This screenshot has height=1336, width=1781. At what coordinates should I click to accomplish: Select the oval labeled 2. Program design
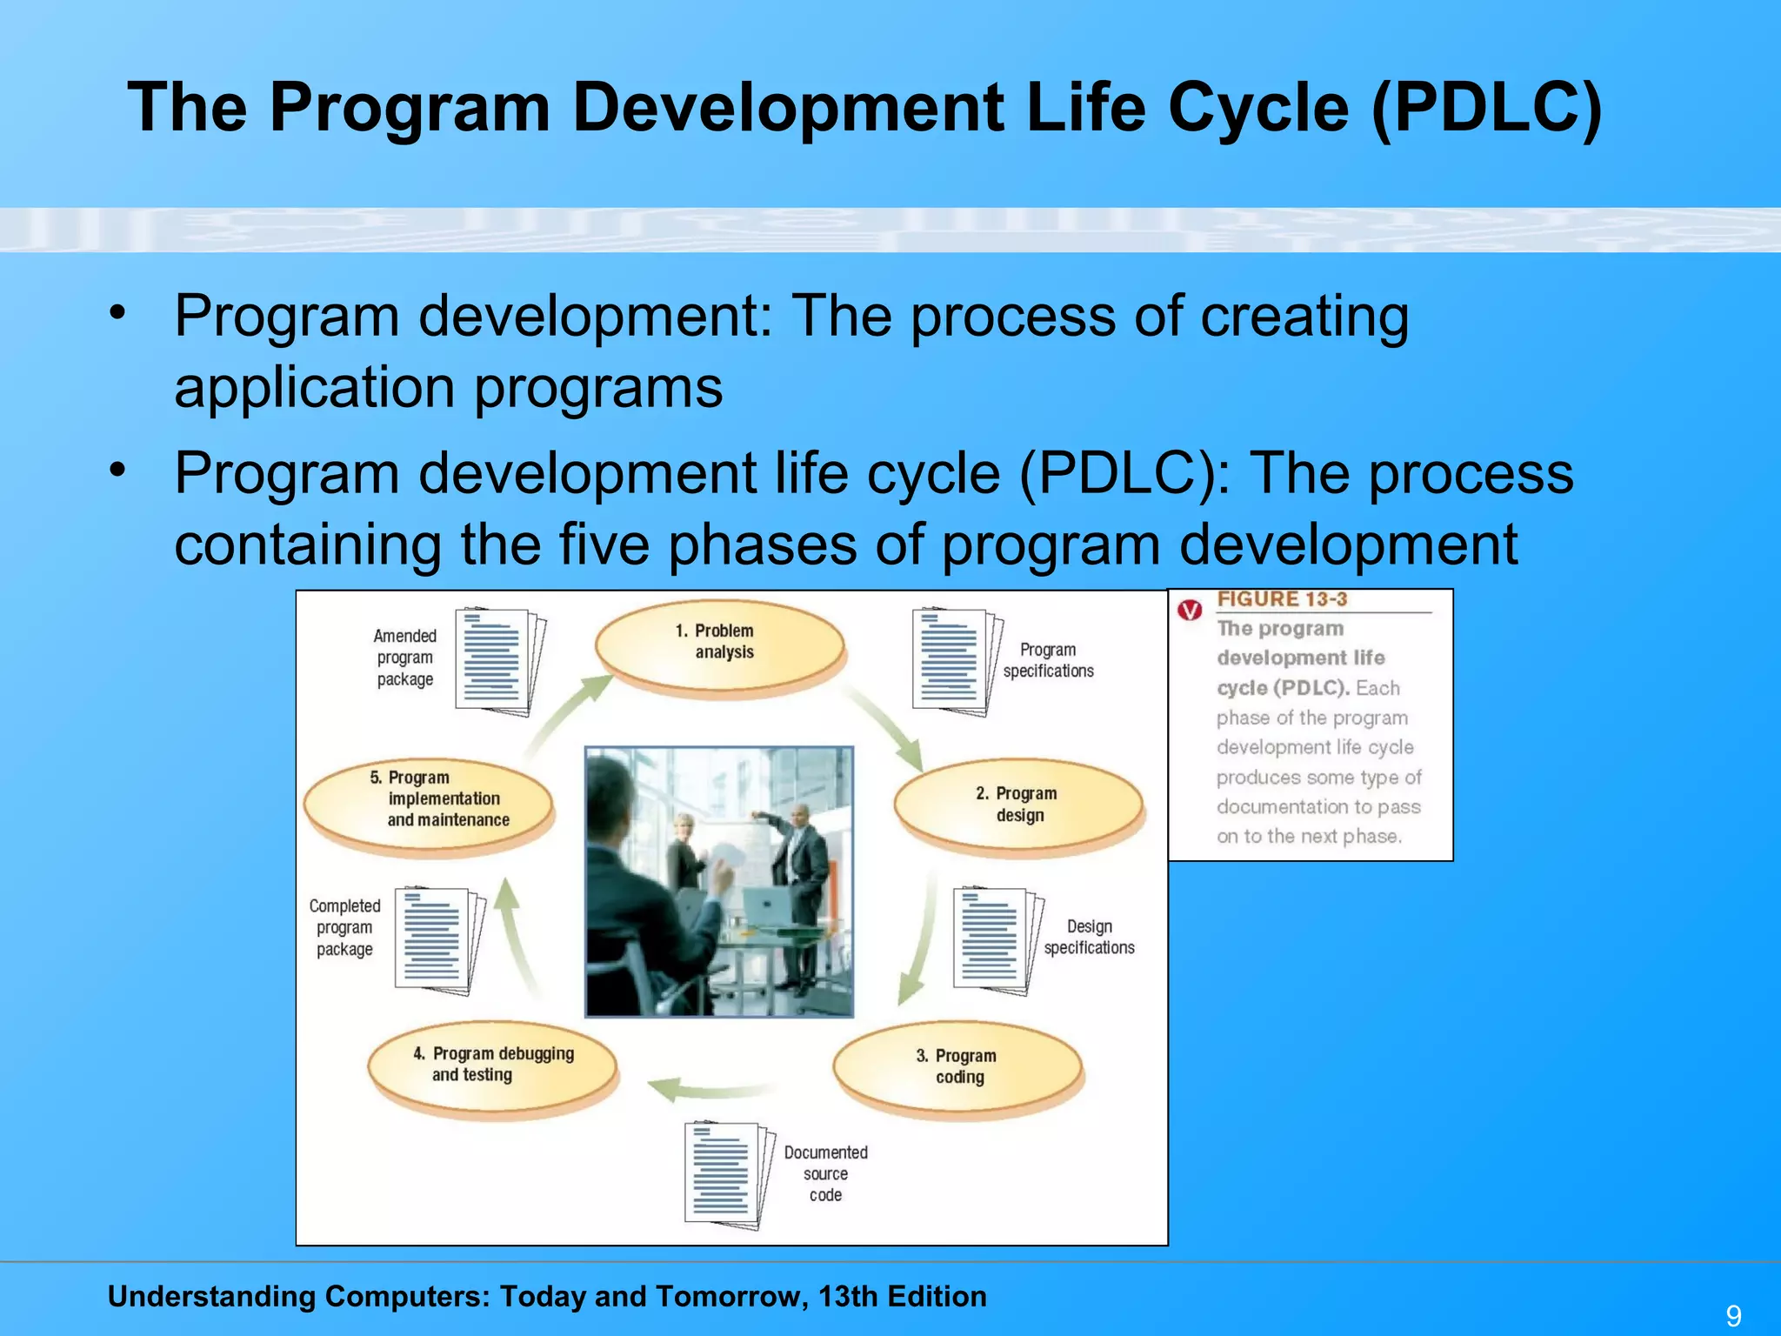click(1017, 805)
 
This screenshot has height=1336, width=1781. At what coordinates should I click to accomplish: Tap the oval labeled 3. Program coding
click(957, 1067)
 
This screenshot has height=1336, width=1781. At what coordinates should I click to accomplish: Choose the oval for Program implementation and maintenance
click(430, 800)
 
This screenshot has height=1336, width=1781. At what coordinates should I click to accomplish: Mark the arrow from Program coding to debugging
click(709, 1090)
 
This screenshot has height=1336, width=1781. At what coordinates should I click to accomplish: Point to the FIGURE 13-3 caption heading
click(1282, 599)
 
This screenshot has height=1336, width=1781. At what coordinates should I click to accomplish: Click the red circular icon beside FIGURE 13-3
click(1190, 610)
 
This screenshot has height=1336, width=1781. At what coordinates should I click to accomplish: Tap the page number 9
click(1733, 1316)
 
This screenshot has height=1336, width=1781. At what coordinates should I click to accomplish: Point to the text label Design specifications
click(1089, 937)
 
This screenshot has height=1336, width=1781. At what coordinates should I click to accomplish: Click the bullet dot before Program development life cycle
click(118, 471)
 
